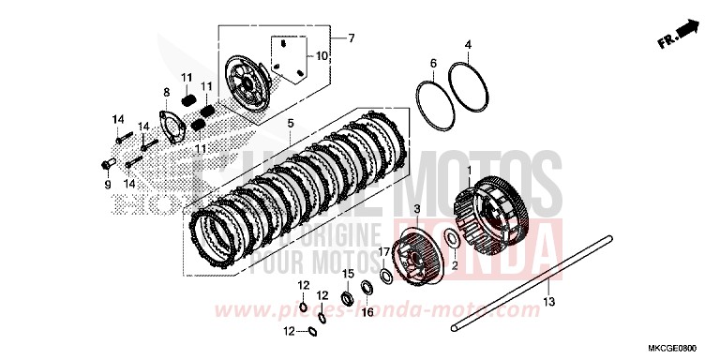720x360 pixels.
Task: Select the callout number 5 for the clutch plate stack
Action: [291, 124]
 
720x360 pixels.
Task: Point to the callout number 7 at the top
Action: [352, 38]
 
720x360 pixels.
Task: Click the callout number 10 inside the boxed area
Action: [322, 55]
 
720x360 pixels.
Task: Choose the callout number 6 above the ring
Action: [434, 64]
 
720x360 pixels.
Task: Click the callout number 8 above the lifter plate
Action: [167, 93]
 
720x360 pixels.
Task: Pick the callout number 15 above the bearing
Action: [347, 273]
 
